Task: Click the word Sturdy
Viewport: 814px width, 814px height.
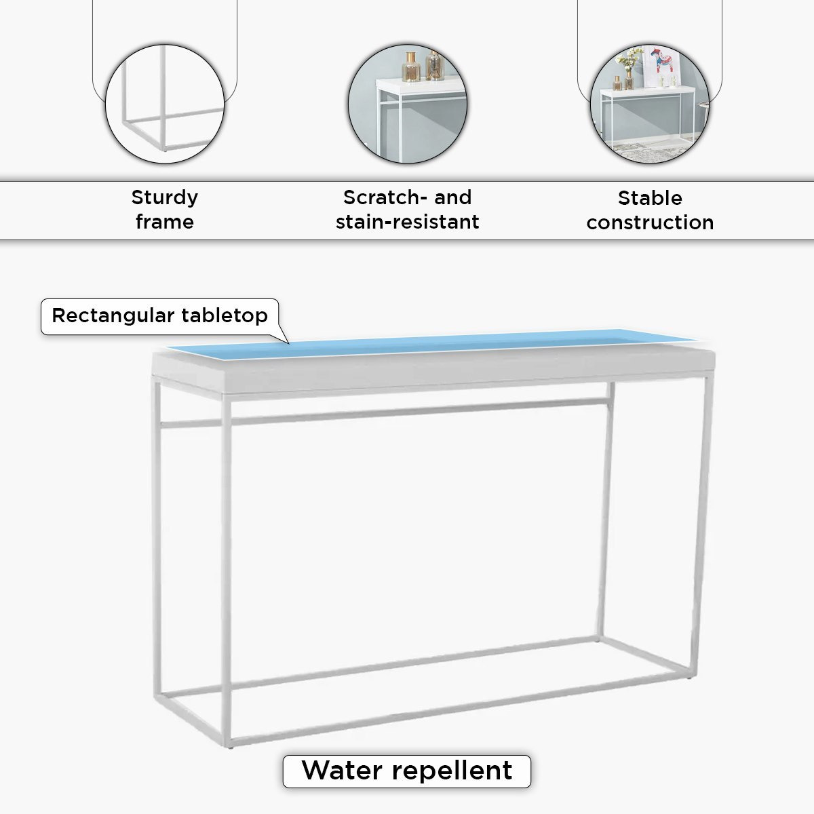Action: pos(164,197)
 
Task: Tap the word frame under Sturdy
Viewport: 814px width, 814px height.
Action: pos(165,221)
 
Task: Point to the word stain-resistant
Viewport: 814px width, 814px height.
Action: pos(407,222)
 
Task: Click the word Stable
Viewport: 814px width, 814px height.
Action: pos(650,197)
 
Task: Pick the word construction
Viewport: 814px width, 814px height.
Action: pos(650,222)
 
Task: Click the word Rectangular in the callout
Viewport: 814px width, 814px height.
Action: pos(113,315)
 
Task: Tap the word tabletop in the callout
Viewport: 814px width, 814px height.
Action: pos(225,315)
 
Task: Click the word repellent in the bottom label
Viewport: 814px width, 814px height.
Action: pos(452,771)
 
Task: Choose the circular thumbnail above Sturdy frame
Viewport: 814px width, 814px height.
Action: pos(165,104)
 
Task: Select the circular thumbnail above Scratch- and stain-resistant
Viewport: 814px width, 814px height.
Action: pos(408,104)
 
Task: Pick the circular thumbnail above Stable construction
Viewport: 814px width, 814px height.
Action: pos(650,104)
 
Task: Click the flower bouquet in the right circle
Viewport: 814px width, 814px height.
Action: pos(628,59)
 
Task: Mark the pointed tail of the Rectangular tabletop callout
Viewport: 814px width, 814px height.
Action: pos(288,343)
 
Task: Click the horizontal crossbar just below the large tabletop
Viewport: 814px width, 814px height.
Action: pos(385,412)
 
